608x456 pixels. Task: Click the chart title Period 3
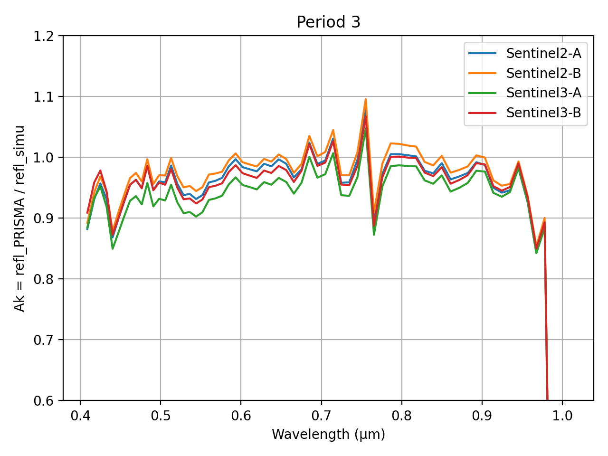(328, 22)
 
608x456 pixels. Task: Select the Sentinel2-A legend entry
(543, 53)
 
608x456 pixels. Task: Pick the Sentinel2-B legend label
(543, 73)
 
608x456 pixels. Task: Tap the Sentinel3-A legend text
(543, 93)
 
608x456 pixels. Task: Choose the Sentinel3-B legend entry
(543, 113)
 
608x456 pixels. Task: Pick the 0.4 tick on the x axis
(80, 416)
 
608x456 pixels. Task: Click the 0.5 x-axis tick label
(161, 416)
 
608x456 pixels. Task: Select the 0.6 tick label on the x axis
(241, 416)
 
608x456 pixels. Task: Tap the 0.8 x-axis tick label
(402, 416)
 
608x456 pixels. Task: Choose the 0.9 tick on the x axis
(482, 416)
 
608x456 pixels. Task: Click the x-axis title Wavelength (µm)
(328, 434)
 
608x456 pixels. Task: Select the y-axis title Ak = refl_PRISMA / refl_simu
(19, 218)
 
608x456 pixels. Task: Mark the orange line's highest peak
(365, 99)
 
